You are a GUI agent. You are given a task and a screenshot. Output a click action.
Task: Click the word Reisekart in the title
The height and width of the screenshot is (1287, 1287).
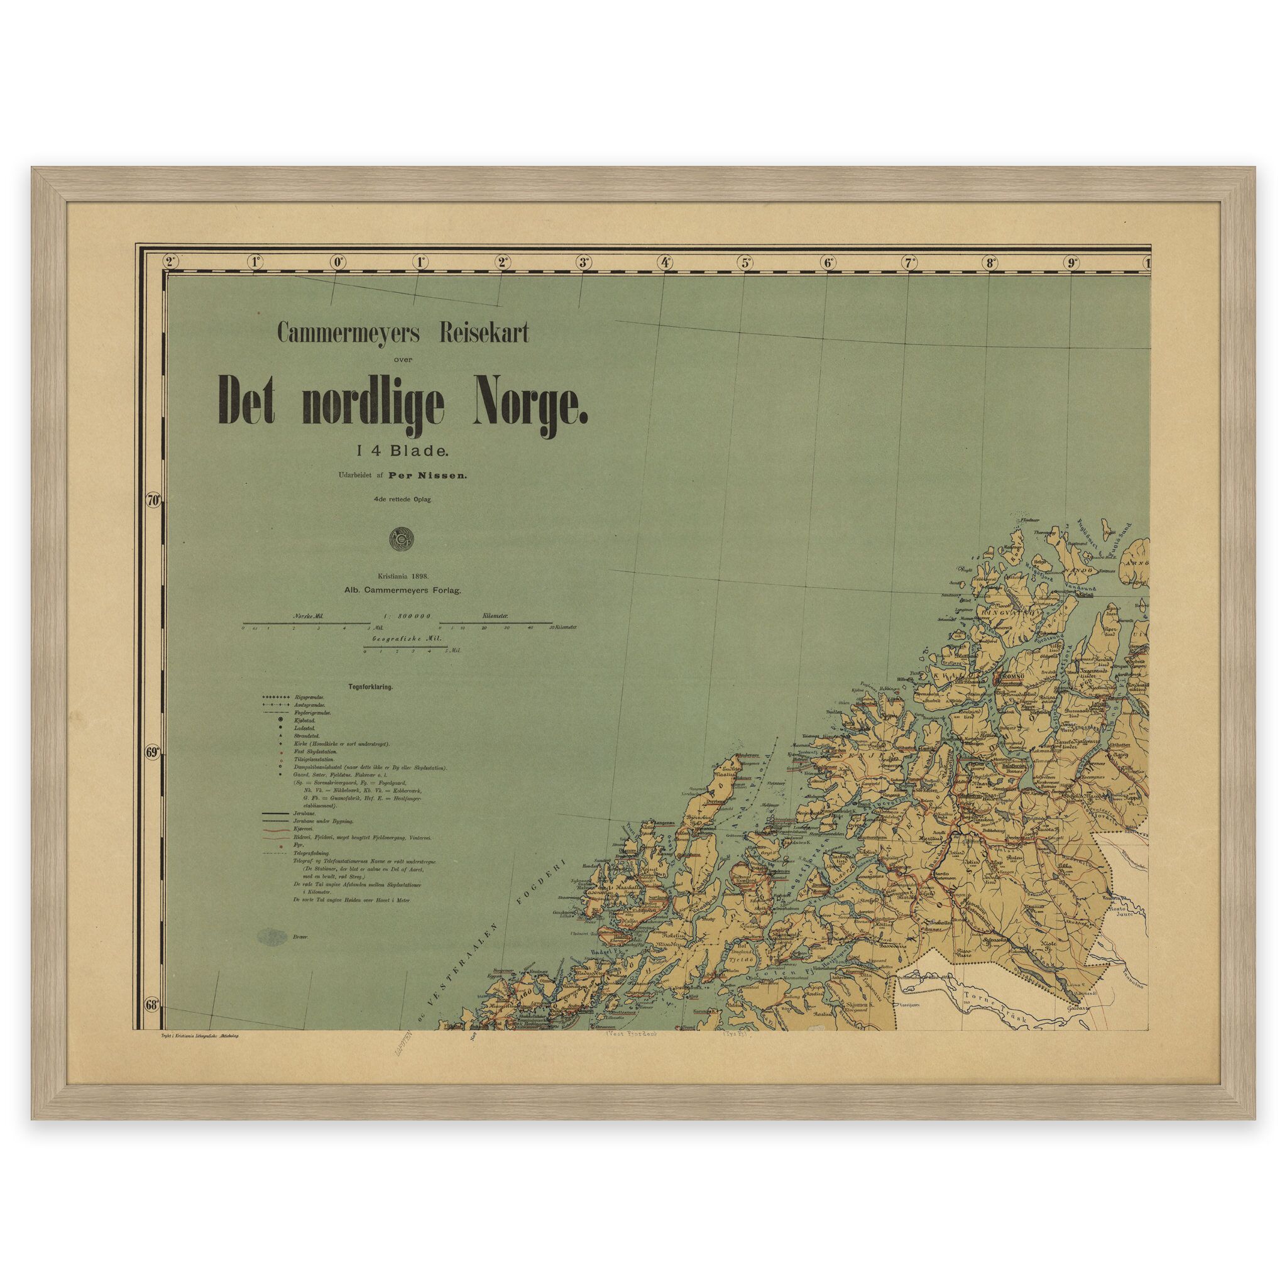[481, 334]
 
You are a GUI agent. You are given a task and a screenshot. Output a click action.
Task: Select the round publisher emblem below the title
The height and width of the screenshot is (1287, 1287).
[403, 540]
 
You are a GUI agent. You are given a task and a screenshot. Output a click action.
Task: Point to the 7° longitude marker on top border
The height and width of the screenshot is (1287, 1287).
[909, 262]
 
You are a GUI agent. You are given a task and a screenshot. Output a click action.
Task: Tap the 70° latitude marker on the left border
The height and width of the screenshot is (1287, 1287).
[154, 500]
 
